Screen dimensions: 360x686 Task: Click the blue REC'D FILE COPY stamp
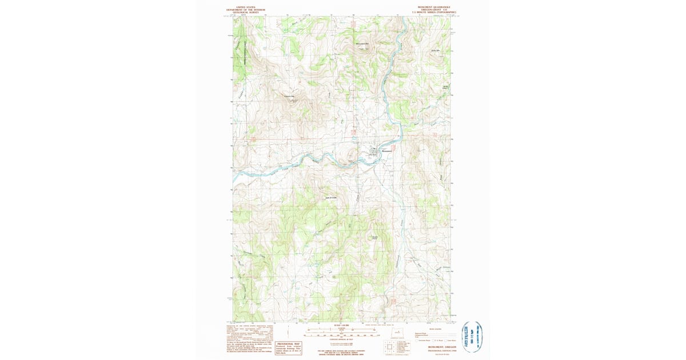pos(470,337)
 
